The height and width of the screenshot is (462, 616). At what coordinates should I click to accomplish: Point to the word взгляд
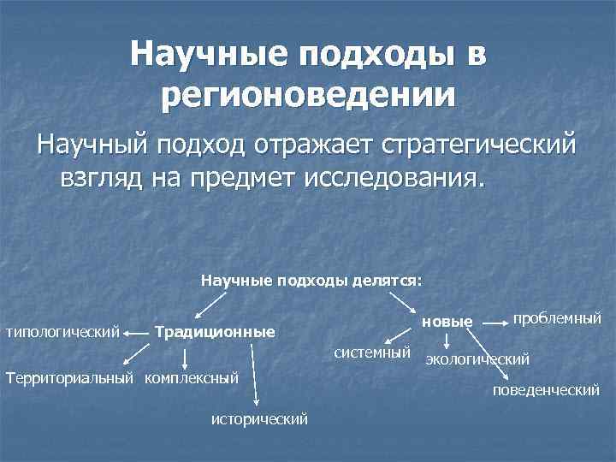coord(102,180)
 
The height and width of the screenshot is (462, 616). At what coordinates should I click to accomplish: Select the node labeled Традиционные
coord(214,331)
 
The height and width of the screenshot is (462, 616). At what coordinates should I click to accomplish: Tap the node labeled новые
coord(447,322)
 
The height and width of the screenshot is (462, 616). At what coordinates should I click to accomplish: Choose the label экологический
coord(477,358)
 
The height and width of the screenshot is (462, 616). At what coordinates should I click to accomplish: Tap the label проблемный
coord(557,317)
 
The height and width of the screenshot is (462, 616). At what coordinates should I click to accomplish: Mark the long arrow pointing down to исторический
coord(255,373)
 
